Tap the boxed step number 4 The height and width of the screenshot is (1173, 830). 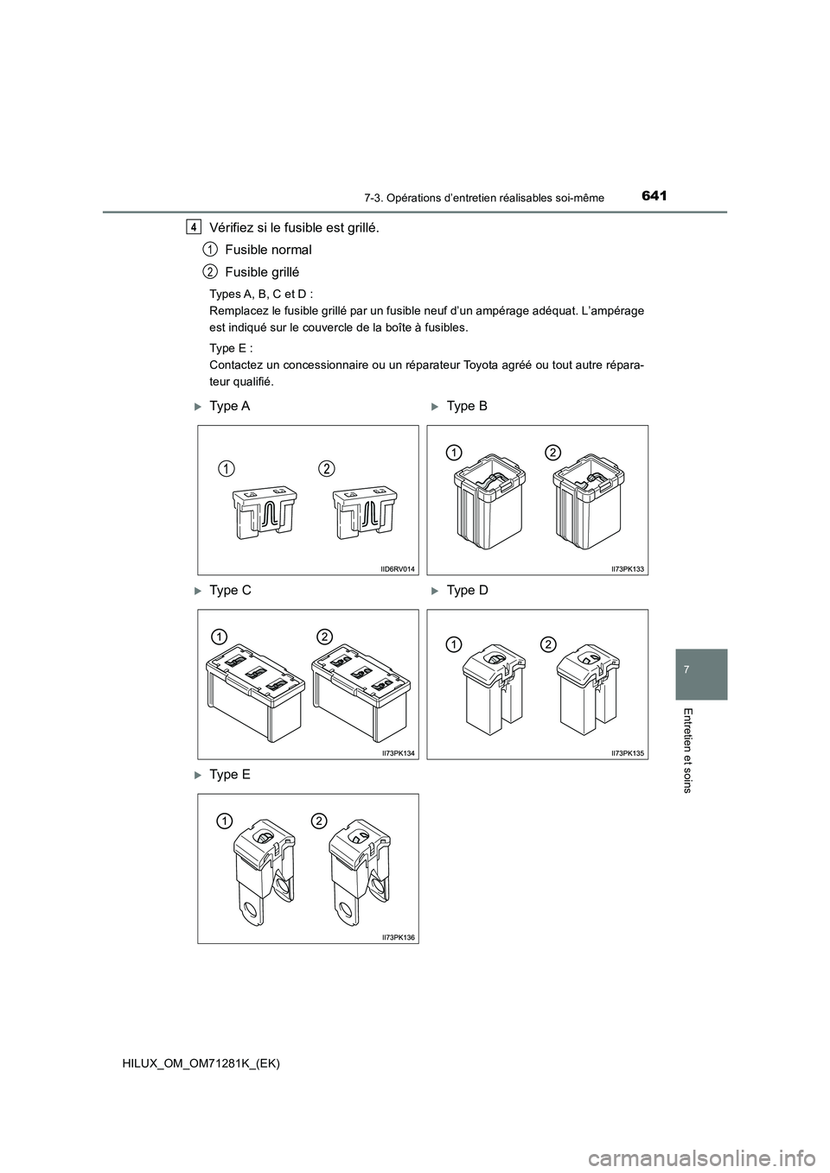pyautogui.click(x=195, y=227)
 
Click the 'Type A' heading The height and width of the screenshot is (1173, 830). pyautogui.click(x=230, y=406)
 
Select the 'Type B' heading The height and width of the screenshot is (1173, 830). pyautogui.click(x=468, y=406)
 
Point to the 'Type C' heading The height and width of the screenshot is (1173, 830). pyautogui.click(x=230, y=591)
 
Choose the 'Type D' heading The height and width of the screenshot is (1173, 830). pyautogui.click(x=468, y=591)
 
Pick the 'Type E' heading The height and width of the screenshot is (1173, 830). pyautogui.click(x=230, y=775)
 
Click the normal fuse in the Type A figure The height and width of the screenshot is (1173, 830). pyautogui.click(x=264, y=518)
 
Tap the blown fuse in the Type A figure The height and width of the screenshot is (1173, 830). pyautogui.click(x=364, y=518)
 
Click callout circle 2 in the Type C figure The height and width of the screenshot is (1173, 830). pyautogui.click(x=324, y=636)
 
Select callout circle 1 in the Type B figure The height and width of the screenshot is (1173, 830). pyautogui.click(x=453, y=451)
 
